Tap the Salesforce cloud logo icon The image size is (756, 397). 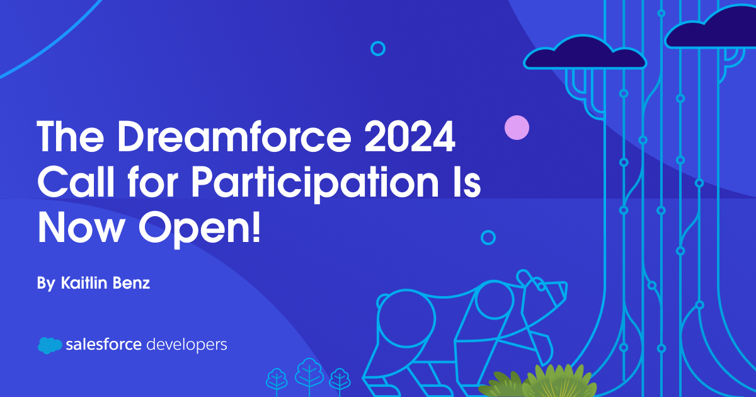[50, 345]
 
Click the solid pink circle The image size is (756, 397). [517, 128]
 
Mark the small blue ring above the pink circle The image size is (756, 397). [378, 48]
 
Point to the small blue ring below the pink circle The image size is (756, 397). [488, 237]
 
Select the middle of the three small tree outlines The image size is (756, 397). [309, 372]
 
